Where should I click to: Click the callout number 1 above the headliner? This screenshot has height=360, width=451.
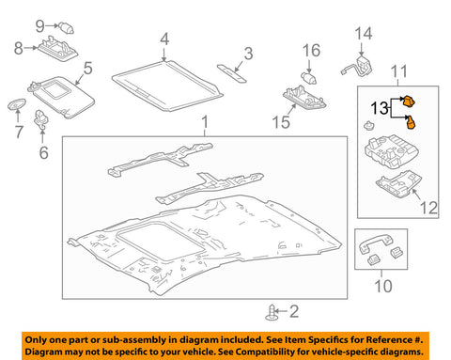click(x=203, y=123)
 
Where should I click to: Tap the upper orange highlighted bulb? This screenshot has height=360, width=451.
click(x=410, y=102)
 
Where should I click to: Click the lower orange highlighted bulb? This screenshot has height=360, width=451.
click(x=412, y=120)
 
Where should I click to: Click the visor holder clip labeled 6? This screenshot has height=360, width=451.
click(x=41, y=119)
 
